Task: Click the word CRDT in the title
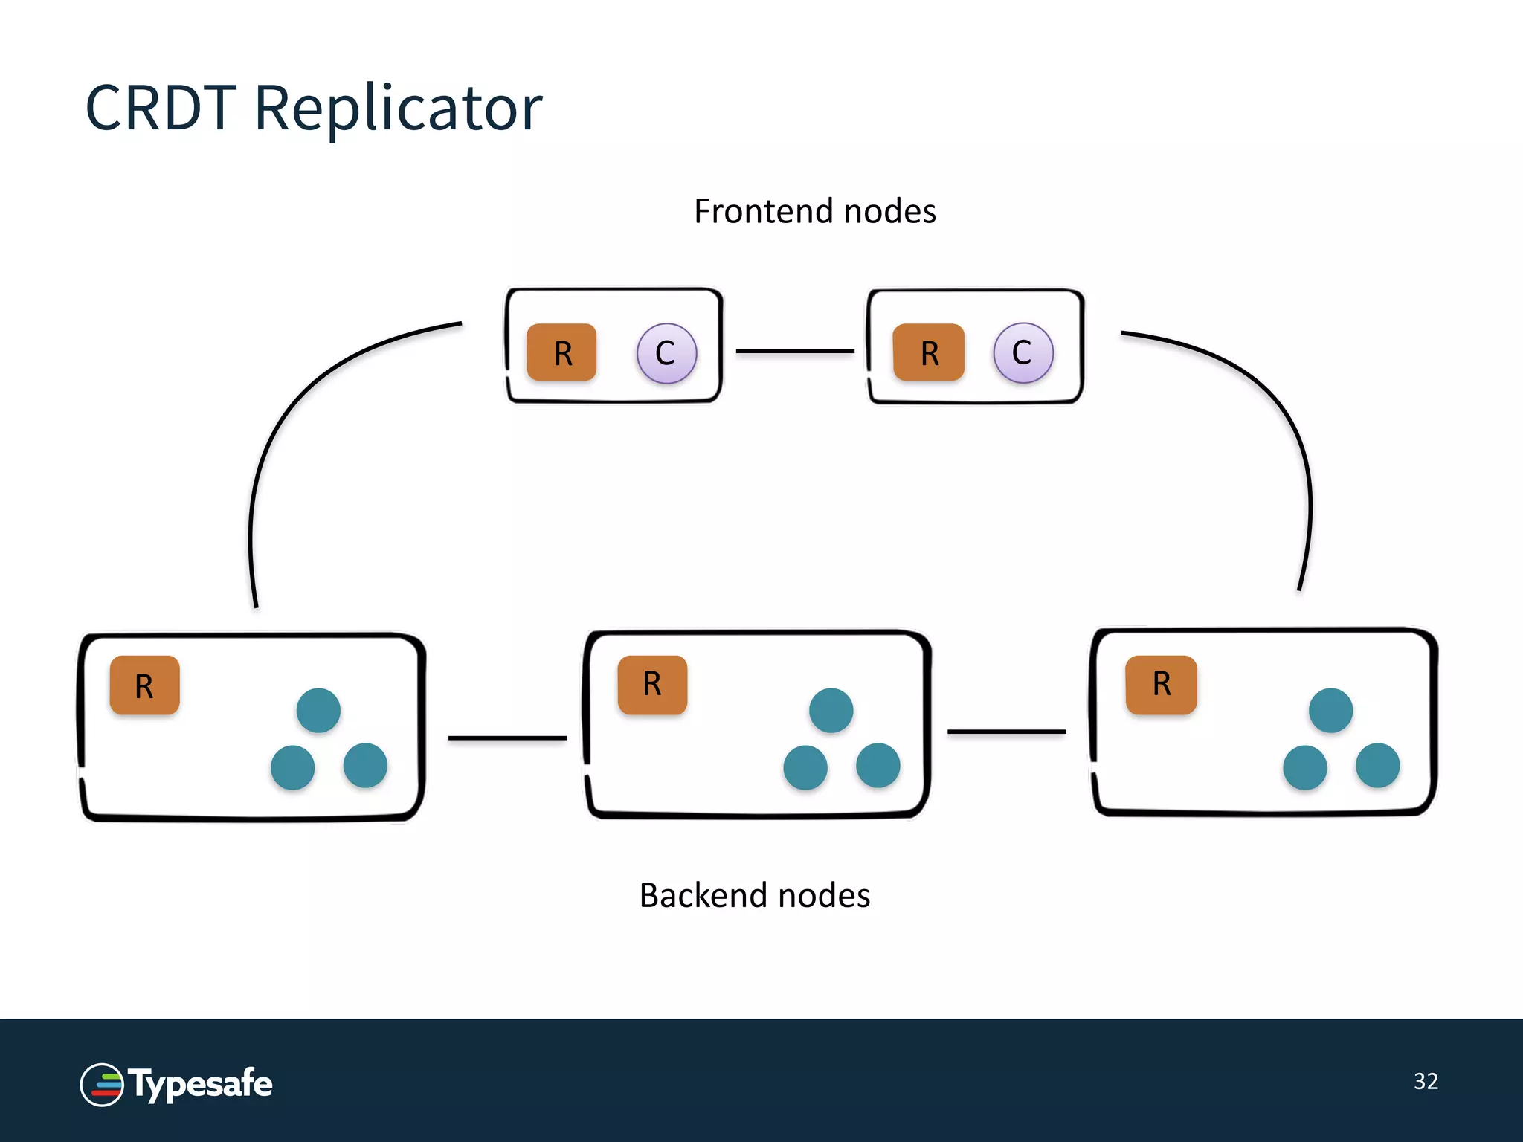coord(161,109)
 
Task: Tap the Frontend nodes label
coord(814,212)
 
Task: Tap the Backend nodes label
coord(754,895)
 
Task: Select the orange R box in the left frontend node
coord(561,352)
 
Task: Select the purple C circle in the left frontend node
coord(666,353)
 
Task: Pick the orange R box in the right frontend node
coord(928,352)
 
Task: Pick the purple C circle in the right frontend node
coord(1023,352)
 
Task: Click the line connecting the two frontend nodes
coord(794,351)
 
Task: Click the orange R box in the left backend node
coord(144,685)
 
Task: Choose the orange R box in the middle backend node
coord(652,685)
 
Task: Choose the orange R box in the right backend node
coord(1161,685)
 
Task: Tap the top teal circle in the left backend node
coord(318,710)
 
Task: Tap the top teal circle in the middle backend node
coord(831,710)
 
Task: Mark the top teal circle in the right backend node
coord(1330,710)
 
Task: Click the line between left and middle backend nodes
coord(507,738)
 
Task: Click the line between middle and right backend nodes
coord(1006,732)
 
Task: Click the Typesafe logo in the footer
coord(176,1085)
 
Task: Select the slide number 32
coord(1426,1081)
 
